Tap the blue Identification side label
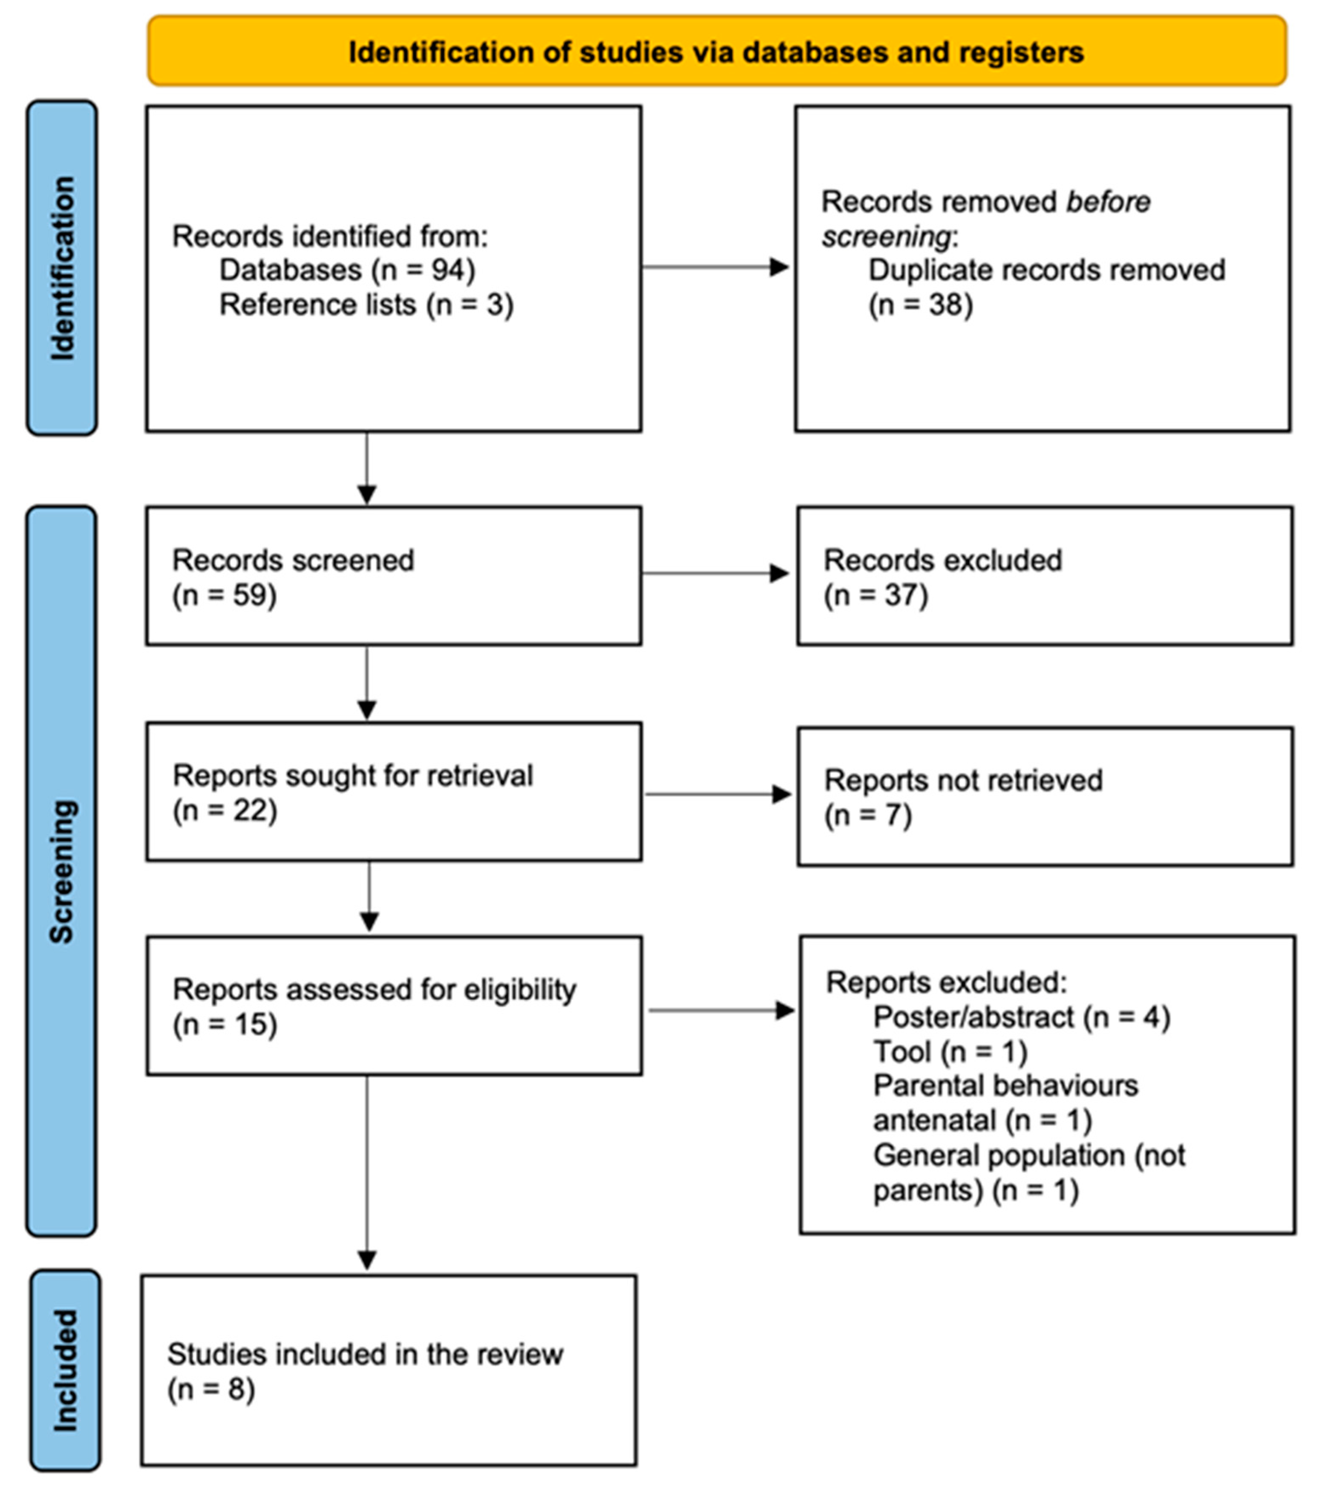click(62, 268)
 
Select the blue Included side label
click(65, 1370)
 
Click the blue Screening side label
click(61, 871)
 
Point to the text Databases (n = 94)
click(347, 270)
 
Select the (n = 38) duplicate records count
click(920, 304)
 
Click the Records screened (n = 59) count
click(224, 595)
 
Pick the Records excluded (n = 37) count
click(876, 595)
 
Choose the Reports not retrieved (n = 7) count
click(868, 815)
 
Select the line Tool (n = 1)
click(950, 1052)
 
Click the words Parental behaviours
click(1005, 1085)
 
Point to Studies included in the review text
click(365, 1354)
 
